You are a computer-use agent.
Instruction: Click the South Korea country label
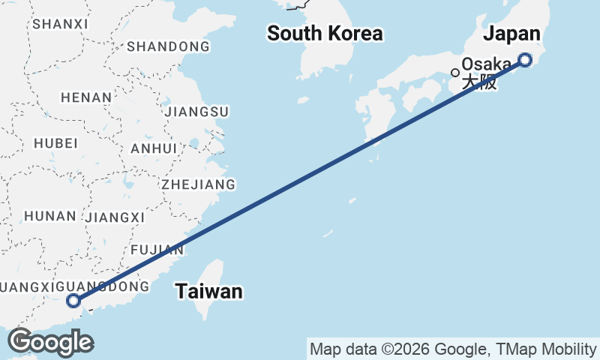[x=325, y=34]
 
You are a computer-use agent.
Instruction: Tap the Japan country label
[x=511, y=34]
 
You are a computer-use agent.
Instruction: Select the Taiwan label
[x=209, y=292]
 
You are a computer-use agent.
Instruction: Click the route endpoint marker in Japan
[x=525, y=60]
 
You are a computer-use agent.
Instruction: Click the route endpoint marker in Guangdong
[x=73, y=301]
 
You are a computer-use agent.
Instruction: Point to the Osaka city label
[x=487, y=65]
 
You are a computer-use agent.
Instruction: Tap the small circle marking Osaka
[x=454, y=73]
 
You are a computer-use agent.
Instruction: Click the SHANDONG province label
[x=168, y=47]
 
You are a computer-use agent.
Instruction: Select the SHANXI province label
[x=60, y=24]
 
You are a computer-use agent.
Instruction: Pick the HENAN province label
[x=85, y=97]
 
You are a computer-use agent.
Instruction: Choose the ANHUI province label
[x=154, y=148]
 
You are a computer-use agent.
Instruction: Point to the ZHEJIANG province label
[x=198, y=184]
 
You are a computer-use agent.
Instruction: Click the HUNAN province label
[x=49, y=216]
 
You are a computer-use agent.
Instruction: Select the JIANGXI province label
[x=115, y=217]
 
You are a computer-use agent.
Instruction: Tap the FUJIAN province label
[x=156, y=249]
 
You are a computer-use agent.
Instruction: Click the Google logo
[x=50, y=342]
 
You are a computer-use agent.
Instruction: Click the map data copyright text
[x=452, y=349]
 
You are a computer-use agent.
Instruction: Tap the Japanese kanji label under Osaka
[x=479, y=82]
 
